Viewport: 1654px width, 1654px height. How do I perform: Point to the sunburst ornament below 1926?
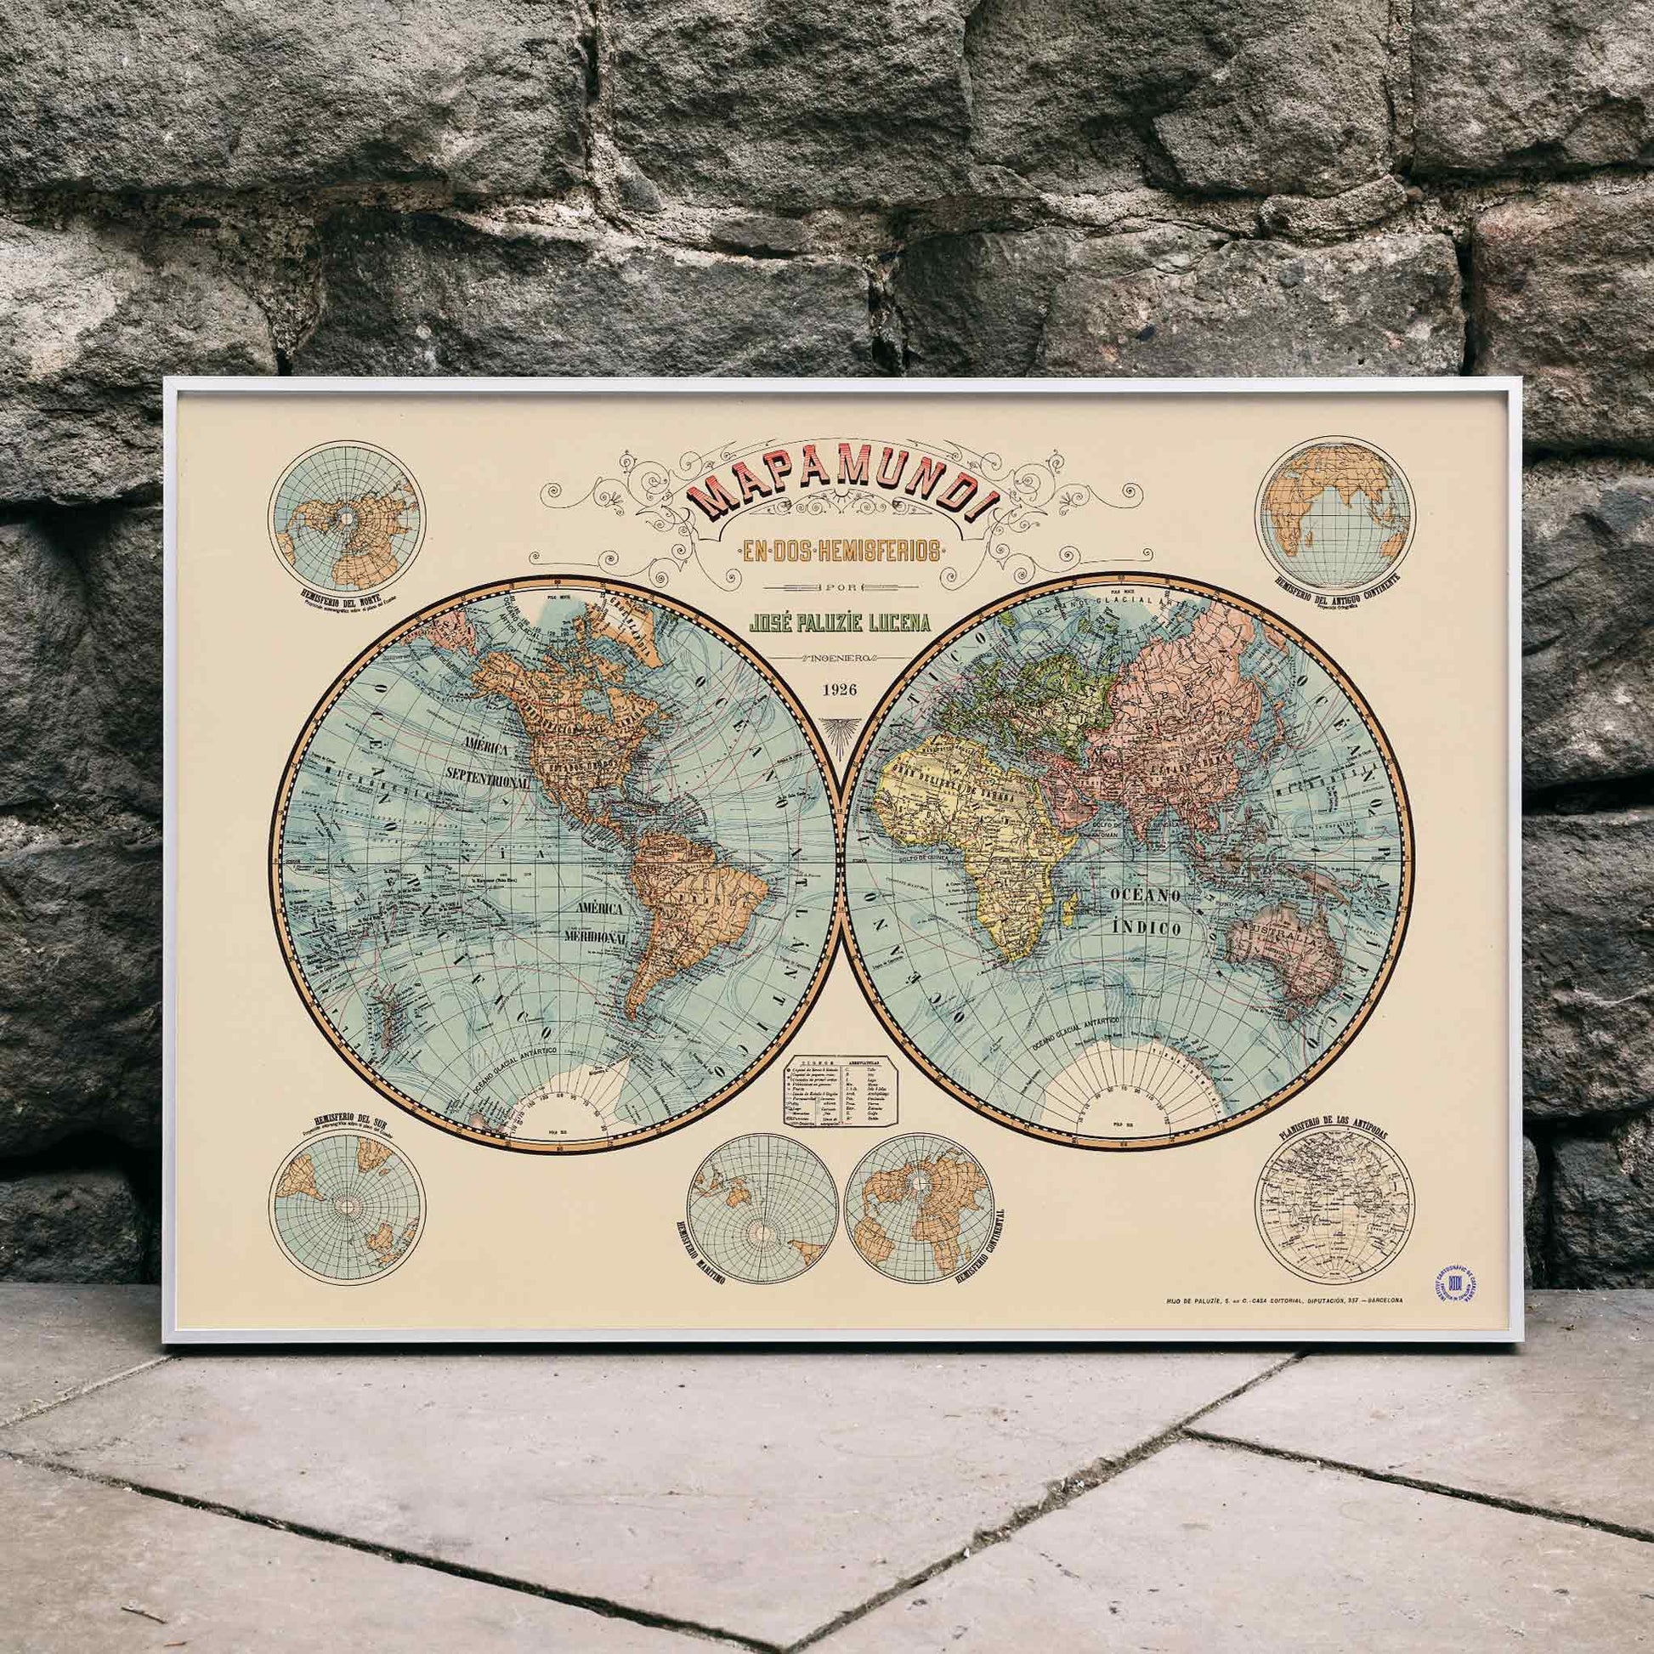pos(828,728)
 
